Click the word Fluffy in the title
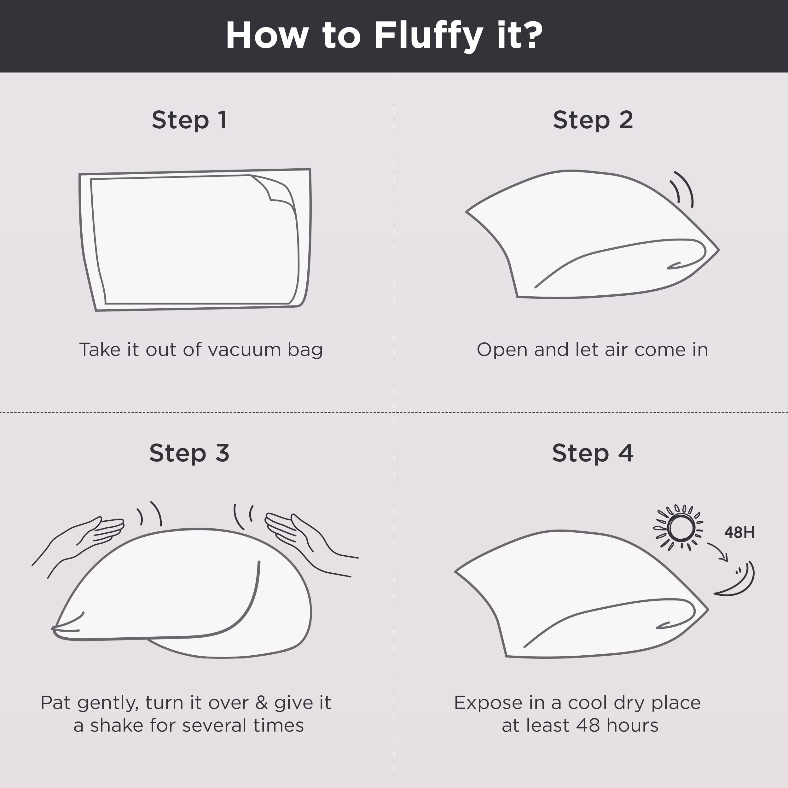pyautogui.click(x=429, y=36)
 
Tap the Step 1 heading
pyautogui.click(x=189, y=120)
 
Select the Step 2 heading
pyautogui.click(x=593, y=120)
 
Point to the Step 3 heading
pyautogui.click(x=189, y=453)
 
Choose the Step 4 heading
pyautogui.click(x=593, y=453)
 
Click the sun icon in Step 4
pyautogui.click(x=680, y=528)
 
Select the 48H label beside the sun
pyautogui.click(x=739, y=532)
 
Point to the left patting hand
pyautogui.click(x=82, y=538)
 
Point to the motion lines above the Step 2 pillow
pyautogui.click(x=682, y=189)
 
